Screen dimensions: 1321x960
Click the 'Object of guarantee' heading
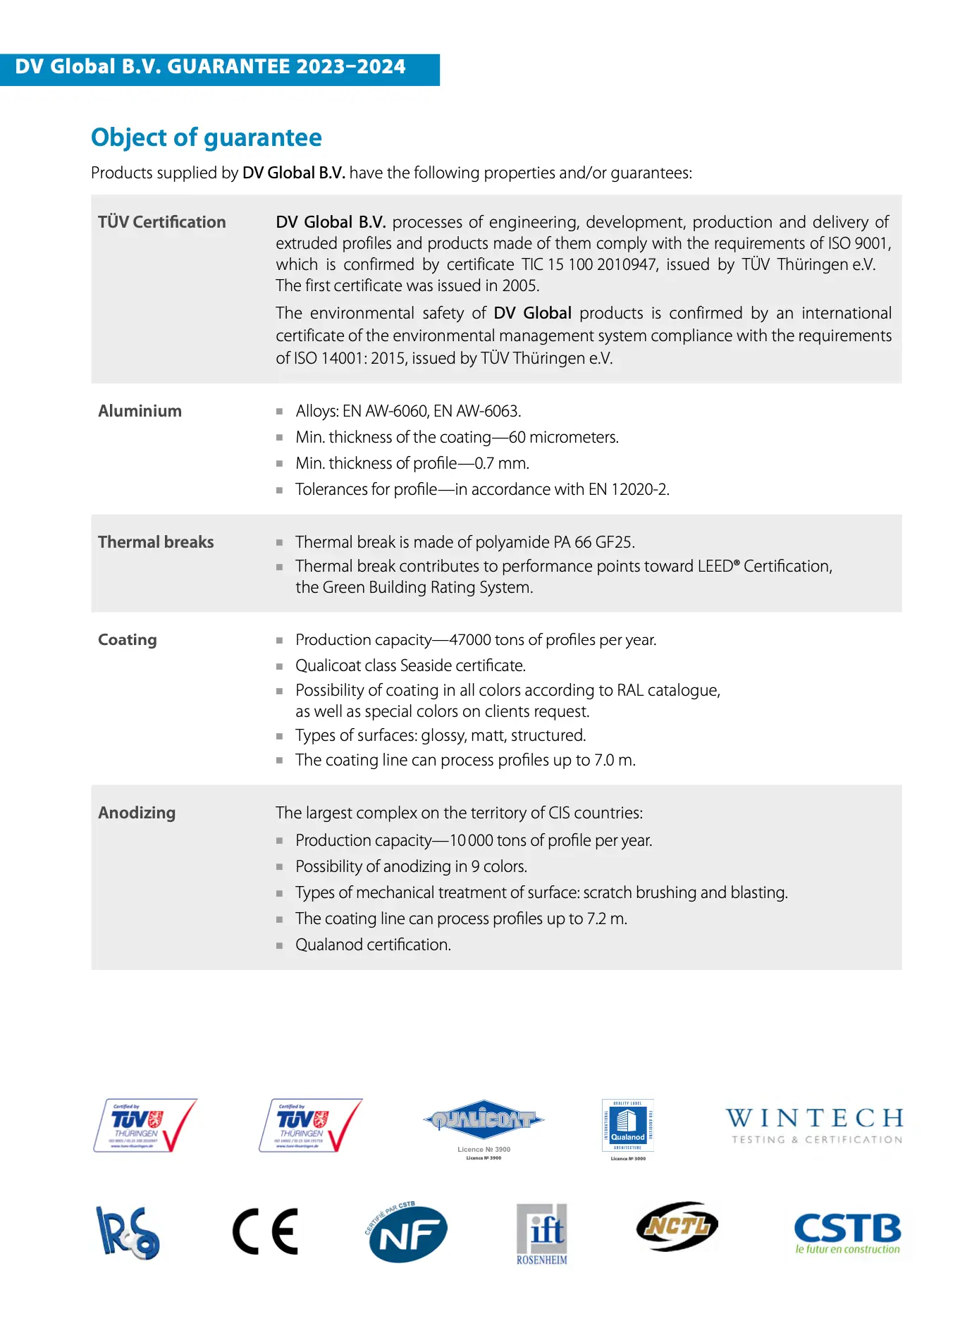coord(207,137)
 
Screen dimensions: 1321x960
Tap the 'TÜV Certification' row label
coord(161,222)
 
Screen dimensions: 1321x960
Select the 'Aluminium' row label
coord(140,411)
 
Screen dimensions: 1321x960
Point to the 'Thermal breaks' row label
coord(156,542)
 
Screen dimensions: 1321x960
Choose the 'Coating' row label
coord(128,640)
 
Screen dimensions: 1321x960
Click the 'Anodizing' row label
coord(137,813)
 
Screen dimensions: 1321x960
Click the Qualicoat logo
coord(484,1120)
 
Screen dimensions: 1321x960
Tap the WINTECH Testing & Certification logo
coord(816,1126)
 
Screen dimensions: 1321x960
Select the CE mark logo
coord(265,1231)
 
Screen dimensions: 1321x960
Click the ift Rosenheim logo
coord(542,1234)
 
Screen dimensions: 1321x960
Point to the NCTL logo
coord(677,1227)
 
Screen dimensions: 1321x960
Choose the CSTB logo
coord(847,1232)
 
